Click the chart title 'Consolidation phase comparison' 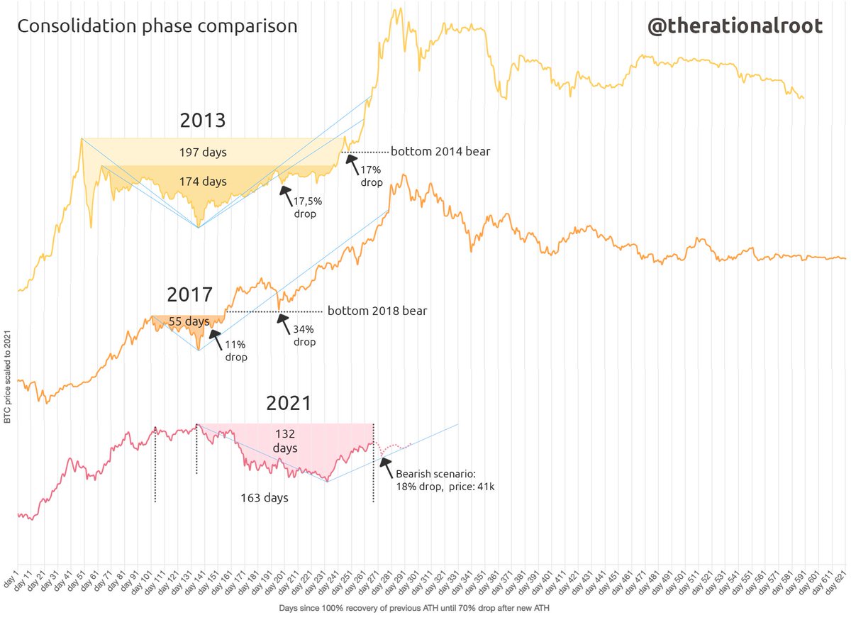[x=157, y=26]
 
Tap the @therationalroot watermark [x=735, y=26]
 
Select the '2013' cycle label [x=202, y=120]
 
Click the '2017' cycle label [x=190, y=294]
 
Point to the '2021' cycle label [x=289, y=403]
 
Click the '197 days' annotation [x=202, y=152]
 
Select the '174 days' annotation [x=202, y=182]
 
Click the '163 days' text [x=265, y=498]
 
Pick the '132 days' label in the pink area [x=285, y=441]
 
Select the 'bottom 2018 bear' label [x=377, y=311]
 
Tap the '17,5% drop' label [x=305, y=207]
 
